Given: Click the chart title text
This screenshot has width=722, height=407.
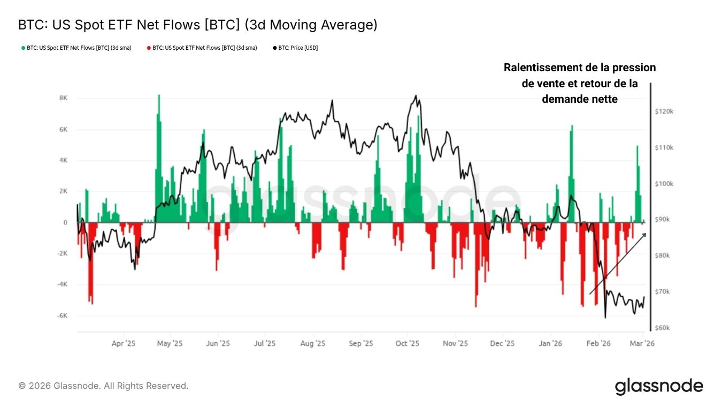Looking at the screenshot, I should click(197, 25).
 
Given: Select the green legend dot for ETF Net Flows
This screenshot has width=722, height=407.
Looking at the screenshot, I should click(23, 48).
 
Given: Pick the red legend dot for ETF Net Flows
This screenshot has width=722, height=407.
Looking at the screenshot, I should click(149, 48).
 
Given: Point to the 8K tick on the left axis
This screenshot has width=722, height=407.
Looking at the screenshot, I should click(63, 99).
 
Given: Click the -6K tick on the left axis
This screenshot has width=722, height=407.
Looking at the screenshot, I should click(62, 316).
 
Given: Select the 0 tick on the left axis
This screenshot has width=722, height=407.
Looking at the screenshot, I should click(65, 223).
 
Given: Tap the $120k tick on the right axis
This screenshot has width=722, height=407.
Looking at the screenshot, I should click(664, 111).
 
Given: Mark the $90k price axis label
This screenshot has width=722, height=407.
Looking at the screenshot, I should click(664, 220).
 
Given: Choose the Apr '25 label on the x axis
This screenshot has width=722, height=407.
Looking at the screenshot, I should click(124, 344).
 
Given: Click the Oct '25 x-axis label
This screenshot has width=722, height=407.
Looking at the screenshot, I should click(408, 344).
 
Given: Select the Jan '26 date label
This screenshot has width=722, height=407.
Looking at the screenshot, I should click(550, 344).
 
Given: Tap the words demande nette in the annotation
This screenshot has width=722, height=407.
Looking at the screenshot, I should click(579, 99).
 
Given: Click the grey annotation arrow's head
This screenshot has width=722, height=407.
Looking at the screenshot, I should click(644, 235).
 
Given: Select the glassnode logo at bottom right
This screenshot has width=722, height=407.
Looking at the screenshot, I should click(659, 386).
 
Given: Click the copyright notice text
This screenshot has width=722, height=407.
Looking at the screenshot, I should click(103, 386).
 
